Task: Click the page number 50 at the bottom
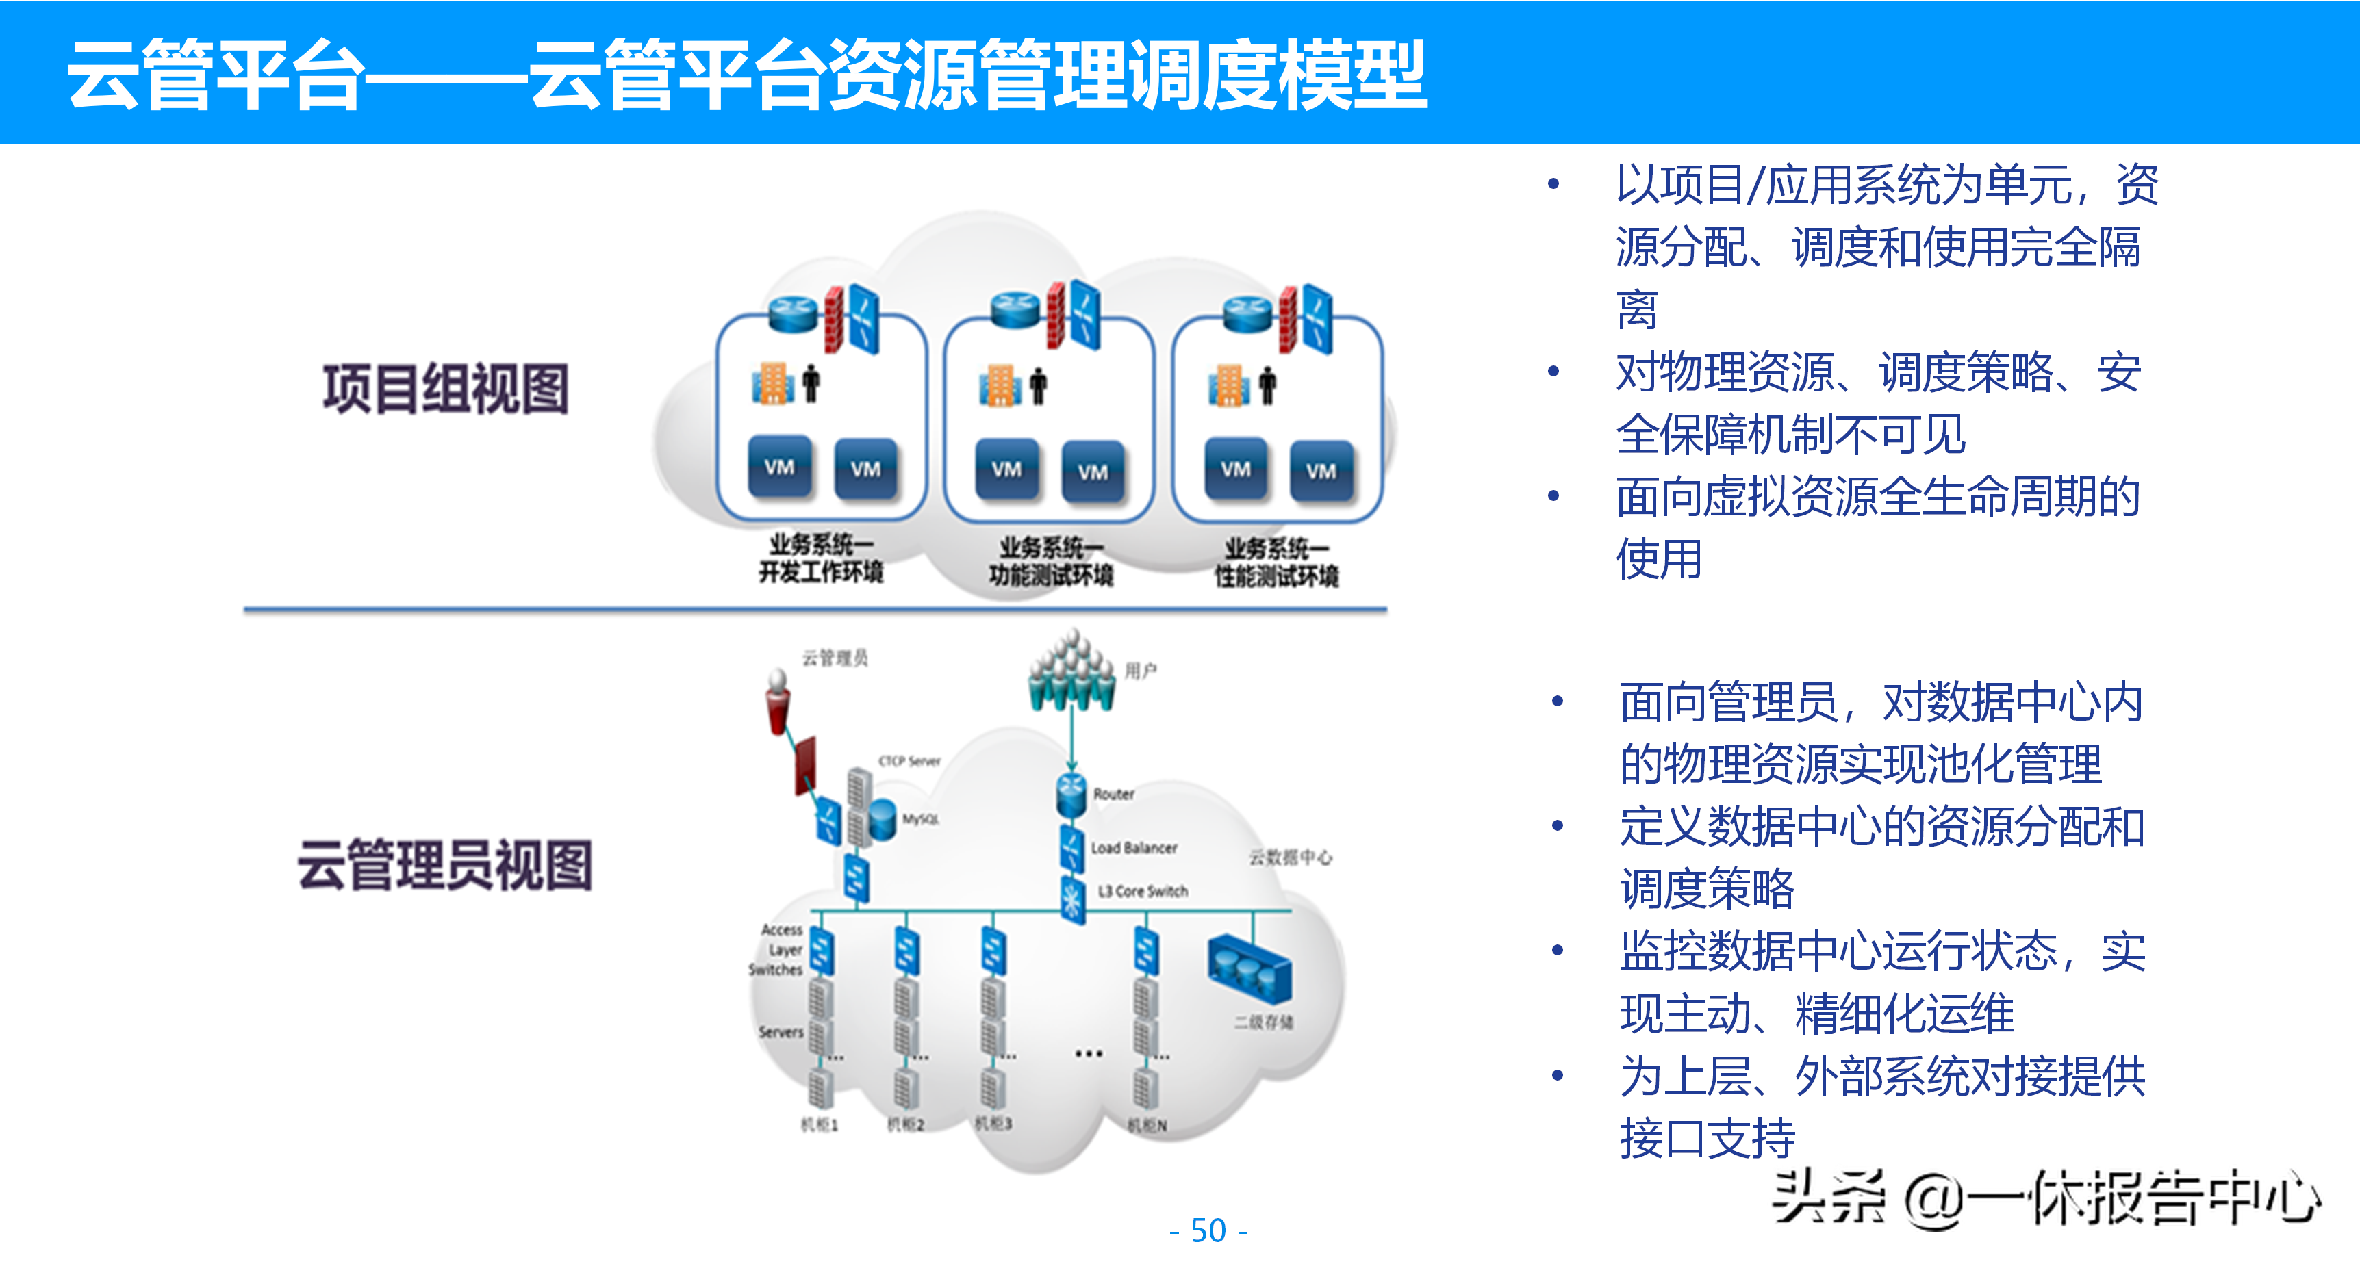coord(1208,1230)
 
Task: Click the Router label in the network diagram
coord(1113,794)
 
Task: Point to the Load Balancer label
coord(1133,848)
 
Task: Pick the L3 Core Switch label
coord(1143,891)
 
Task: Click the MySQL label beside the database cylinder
coord(921,819)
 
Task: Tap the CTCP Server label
coord(909,761)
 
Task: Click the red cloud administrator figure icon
coord(778,701)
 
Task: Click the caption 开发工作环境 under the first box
coord(820,573)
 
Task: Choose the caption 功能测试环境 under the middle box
coord(1051,576)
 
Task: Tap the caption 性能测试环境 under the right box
coord(1276,576)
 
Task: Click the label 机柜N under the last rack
coord(1147,1125)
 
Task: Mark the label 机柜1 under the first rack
coord(819,1124)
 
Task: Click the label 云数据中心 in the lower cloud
coord(1290,857)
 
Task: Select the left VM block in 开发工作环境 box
coord(780,467)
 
